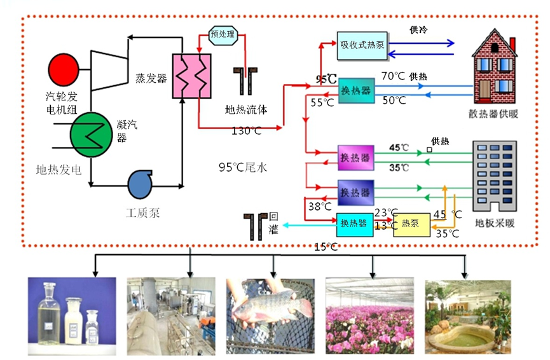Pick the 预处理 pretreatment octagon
223,34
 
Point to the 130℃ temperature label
247,132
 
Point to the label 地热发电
59,170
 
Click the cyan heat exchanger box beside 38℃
354,224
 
